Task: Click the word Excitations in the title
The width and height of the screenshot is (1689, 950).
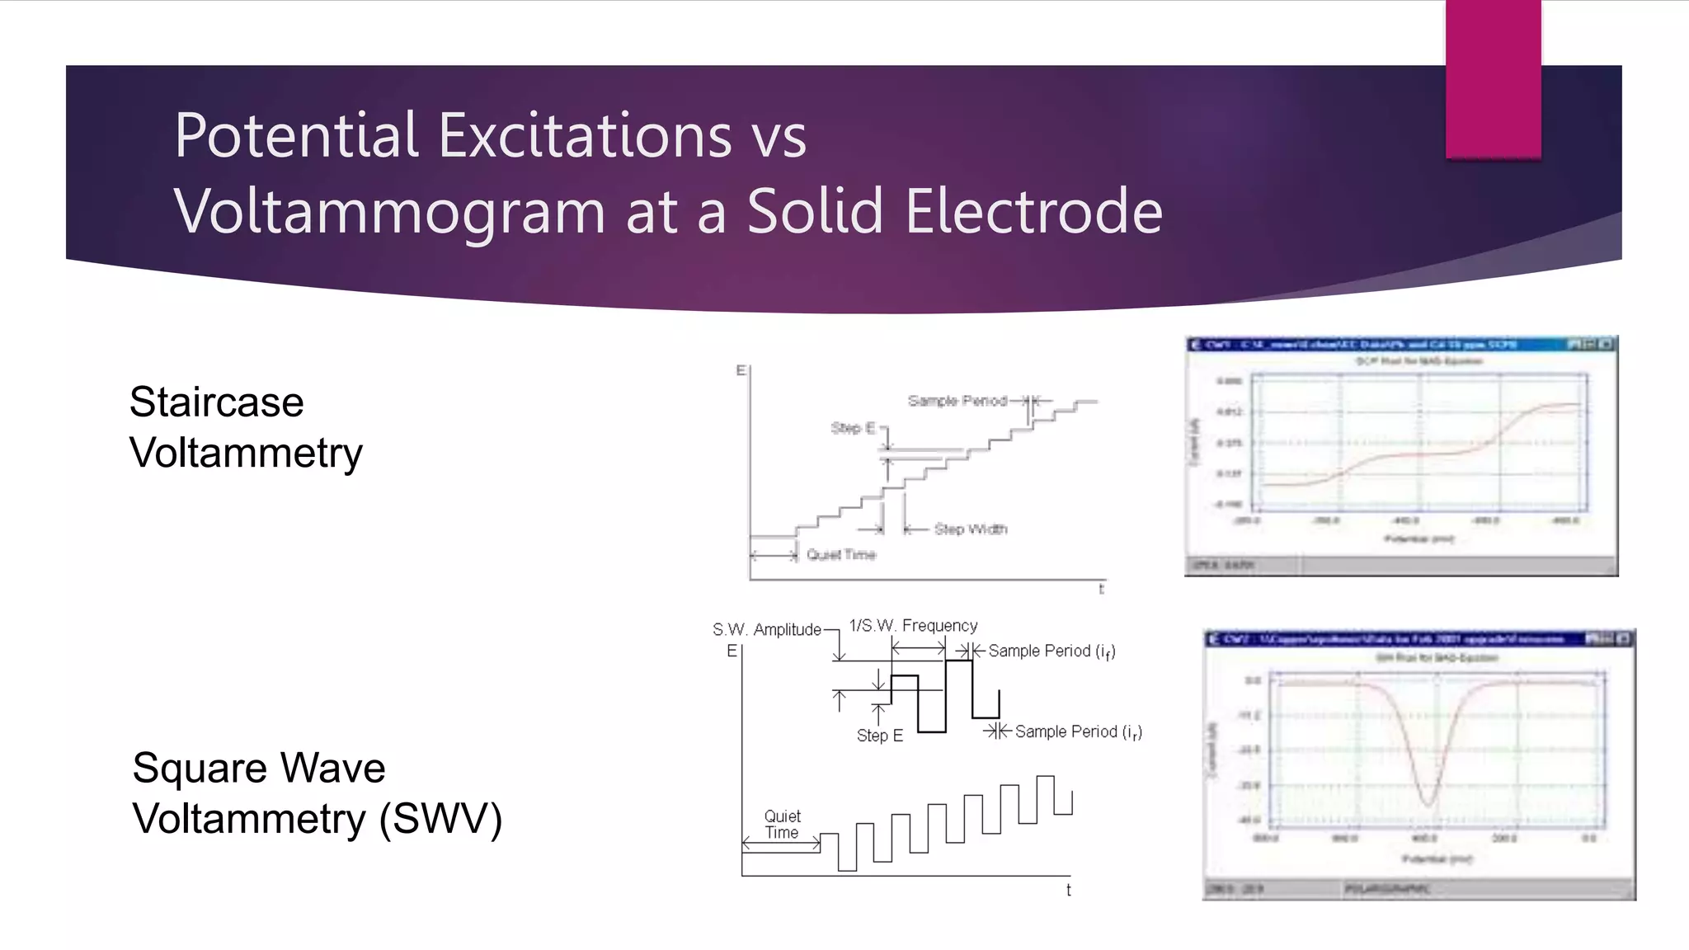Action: [585, 136]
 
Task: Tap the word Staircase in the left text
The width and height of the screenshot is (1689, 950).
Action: [216, 402]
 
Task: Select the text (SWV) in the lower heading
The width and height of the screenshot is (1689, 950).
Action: [440, 819]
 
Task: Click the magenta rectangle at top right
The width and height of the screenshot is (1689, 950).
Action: [1493, 79]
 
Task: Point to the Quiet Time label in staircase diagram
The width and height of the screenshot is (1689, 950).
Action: [840, 555]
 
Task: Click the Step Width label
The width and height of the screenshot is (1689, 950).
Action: [971, 529]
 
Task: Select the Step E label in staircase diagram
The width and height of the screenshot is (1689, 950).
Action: [852, 428]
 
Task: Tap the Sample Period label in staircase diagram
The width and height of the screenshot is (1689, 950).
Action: [957, 401]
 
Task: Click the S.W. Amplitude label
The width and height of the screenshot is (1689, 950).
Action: [766, 630]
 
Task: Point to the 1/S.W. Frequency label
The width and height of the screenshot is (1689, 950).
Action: [913, 626]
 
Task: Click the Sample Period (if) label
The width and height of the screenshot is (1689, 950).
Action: [1051, 651]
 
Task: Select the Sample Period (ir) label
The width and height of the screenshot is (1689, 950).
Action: [1077, 732]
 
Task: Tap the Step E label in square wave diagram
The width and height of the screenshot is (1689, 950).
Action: [879, 736]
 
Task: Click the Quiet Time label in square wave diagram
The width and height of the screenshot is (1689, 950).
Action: [782, 825]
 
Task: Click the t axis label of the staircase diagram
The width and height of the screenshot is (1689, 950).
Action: [1101, 589]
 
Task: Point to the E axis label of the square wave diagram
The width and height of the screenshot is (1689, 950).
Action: [732, 651]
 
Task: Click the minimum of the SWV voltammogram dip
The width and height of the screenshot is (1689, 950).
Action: [1428, 802]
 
